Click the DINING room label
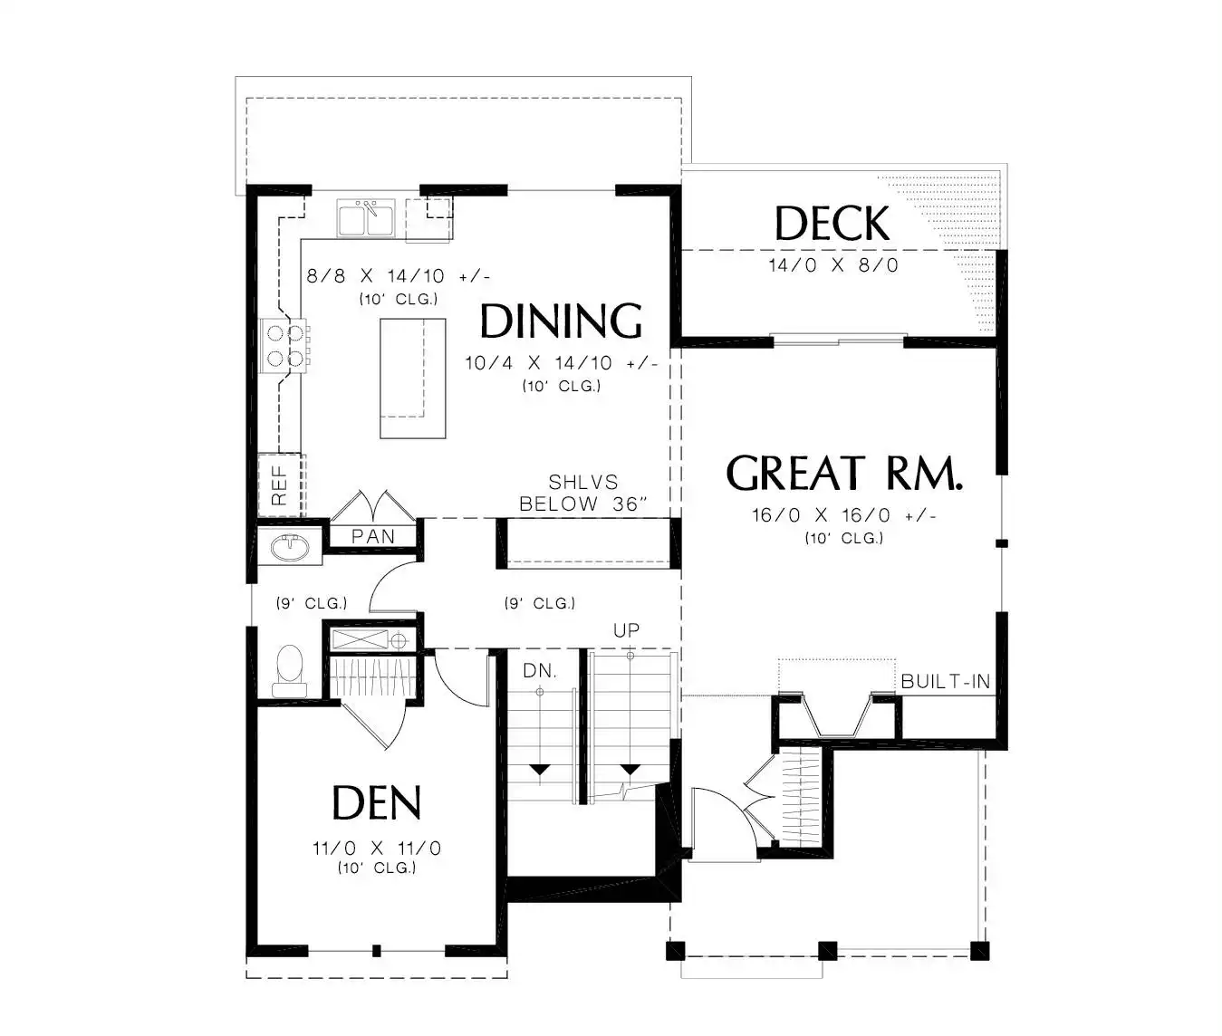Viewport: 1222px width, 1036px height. click(561, 321)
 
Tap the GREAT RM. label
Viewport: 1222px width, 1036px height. click(844, 473)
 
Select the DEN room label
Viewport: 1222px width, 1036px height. click(377, 802)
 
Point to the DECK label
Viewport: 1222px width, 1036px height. click(832, 223)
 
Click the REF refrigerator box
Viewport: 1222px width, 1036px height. click(280, 484)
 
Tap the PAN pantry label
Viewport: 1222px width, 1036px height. click(373, 536)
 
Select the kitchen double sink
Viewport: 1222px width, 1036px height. click(366, 217)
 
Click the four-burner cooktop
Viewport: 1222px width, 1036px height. click(284, 345)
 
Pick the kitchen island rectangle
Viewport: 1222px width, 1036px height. click(413, 379)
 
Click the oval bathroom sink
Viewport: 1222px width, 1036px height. click(290, 546)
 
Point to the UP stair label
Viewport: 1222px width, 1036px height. click(626, 630)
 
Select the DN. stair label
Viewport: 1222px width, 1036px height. click(540, 671)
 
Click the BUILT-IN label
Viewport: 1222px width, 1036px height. click(946, 681)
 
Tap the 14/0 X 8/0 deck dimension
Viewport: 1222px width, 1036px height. click(833, 265)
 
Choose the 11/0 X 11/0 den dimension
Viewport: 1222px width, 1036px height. click(377, 849)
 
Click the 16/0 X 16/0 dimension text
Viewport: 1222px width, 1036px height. click(843, 515)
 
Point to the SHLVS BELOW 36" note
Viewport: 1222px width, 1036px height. click(583, 493)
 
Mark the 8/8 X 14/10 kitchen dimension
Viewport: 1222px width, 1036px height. click(398, 276)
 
